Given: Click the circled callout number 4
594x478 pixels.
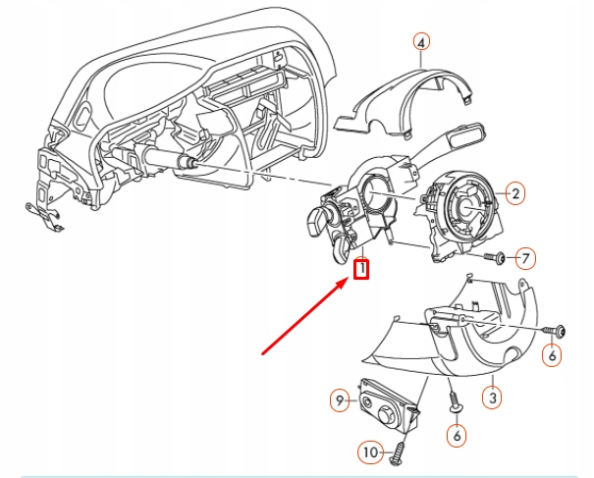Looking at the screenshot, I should (x=420, y=42).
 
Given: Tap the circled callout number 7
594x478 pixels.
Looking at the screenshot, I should (x=525, y=259).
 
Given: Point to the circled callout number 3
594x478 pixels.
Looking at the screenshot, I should (x=494, y=398).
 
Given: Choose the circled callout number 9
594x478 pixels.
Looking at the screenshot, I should (x=340, y=400).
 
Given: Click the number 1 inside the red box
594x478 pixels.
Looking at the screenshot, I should (x=362, y=267).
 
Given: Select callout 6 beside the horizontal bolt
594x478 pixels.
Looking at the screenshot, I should (x=553, y=356).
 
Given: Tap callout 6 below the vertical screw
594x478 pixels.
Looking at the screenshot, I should (x=458, y=433).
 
